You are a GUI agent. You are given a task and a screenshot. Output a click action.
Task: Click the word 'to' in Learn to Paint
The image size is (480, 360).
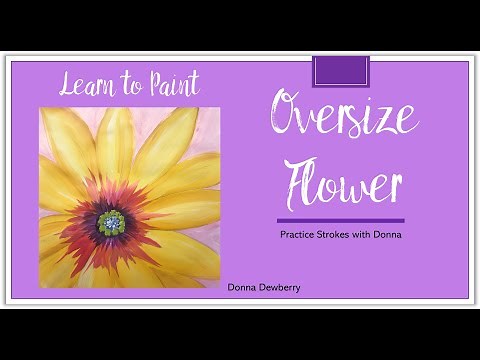coord(128,85)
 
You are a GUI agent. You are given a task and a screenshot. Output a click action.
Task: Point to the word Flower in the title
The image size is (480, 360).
coord(342,180)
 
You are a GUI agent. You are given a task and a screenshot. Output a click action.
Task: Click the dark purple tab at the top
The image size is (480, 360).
coord(341,71)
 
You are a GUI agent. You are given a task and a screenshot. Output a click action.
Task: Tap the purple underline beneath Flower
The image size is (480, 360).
coord(341,220)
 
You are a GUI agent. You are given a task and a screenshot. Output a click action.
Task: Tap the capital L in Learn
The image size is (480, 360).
coord(66,84)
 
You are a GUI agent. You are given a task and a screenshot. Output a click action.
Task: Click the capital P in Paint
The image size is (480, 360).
coord(151,83)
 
